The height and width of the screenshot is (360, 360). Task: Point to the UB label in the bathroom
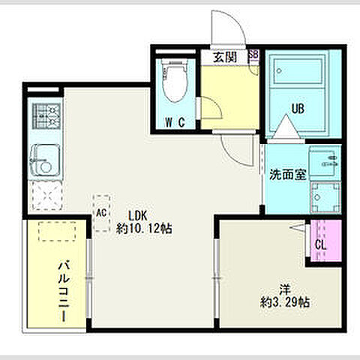click(298, 109)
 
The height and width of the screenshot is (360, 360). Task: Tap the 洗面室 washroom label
click(287, 175)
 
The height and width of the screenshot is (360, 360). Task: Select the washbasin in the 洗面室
click(324, 160)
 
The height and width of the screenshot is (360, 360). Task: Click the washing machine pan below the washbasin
click(324, 197)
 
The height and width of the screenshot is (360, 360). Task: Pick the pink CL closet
click(319, 241)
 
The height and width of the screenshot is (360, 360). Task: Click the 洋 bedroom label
click(285, 288)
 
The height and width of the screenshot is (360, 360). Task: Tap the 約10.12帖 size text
click(144, 226)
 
